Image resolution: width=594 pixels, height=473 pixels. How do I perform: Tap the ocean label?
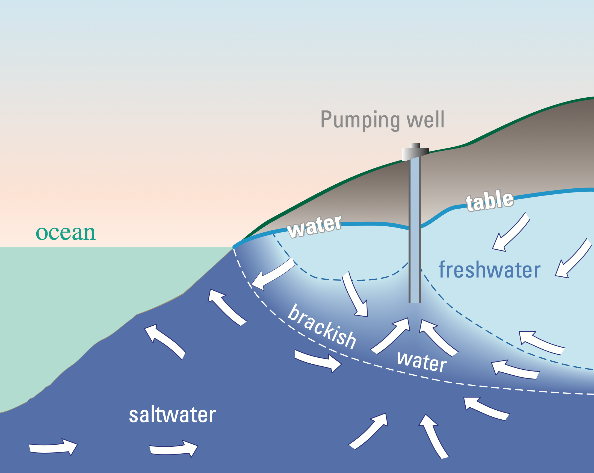[66, 233]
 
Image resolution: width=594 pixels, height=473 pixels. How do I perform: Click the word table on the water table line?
[490, 201]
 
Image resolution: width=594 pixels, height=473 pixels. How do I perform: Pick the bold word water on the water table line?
[314, 227]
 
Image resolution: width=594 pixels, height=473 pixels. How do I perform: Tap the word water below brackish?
[422, 361]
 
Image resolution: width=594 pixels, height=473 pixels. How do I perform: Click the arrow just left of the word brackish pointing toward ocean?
[273, 276]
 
